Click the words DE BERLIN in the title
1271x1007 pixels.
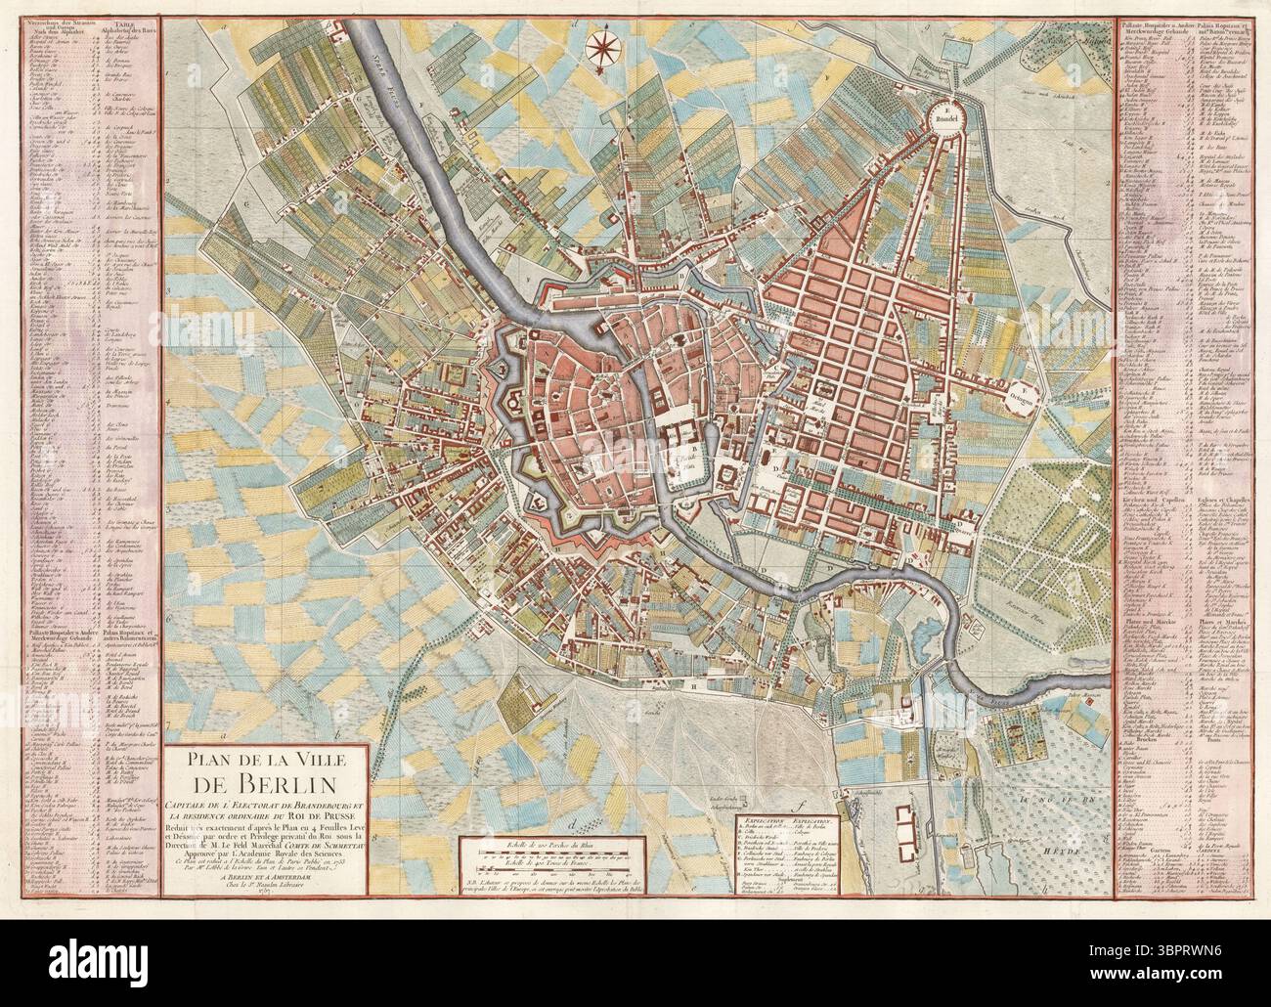pyautogui.click(x=267, y=783)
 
